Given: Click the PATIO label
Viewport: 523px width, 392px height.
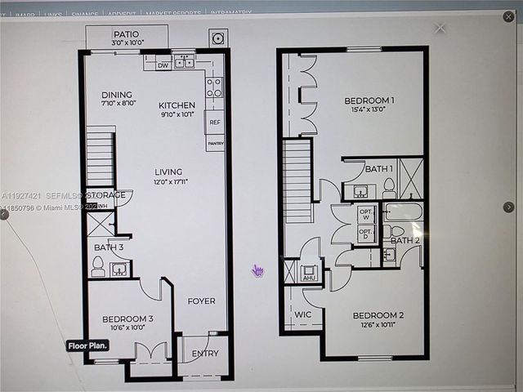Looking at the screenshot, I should click(x=127, y=34).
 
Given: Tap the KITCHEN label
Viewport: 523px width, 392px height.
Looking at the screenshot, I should click(x=177, y=105).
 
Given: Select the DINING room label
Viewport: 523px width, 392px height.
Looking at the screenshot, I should click(x=117, y=95).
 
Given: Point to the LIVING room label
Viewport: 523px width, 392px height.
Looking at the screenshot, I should click(x=168, y=171).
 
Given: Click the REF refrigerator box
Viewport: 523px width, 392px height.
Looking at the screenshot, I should click(x=215, y=122).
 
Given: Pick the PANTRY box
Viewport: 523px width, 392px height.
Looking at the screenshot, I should click(x=215, y=144).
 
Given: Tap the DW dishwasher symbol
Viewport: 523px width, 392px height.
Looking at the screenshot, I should click(x=163, y=65).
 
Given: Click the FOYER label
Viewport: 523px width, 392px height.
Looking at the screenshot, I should click(x=201, y=301).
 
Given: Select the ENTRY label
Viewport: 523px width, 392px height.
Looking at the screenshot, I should click(x=205, y=354).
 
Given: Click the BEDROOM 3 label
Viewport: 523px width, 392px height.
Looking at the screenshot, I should click(x=127, y=318).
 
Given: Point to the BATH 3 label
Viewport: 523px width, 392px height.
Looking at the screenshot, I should click(x=109, y=247).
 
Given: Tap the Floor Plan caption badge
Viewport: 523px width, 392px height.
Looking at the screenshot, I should click(x=87, y=345).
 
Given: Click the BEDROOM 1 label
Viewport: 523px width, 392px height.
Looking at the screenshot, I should click(x=369, y=101).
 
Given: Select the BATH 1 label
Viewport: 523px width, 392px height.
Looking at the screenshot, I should click(x=379, y=168).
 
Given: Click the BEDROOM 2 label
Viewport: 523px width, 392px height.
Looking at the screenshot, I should click(x=378, y=315).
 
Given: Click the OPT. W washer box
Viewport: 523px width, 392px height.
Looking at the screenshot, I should click(x=366, y=214).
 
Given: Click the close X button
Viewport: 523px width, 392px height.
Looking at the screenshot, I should click(x=440, y=28).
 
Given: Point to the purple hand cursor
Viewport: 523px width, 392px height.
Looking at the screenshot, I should click(x=258, y=270).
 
